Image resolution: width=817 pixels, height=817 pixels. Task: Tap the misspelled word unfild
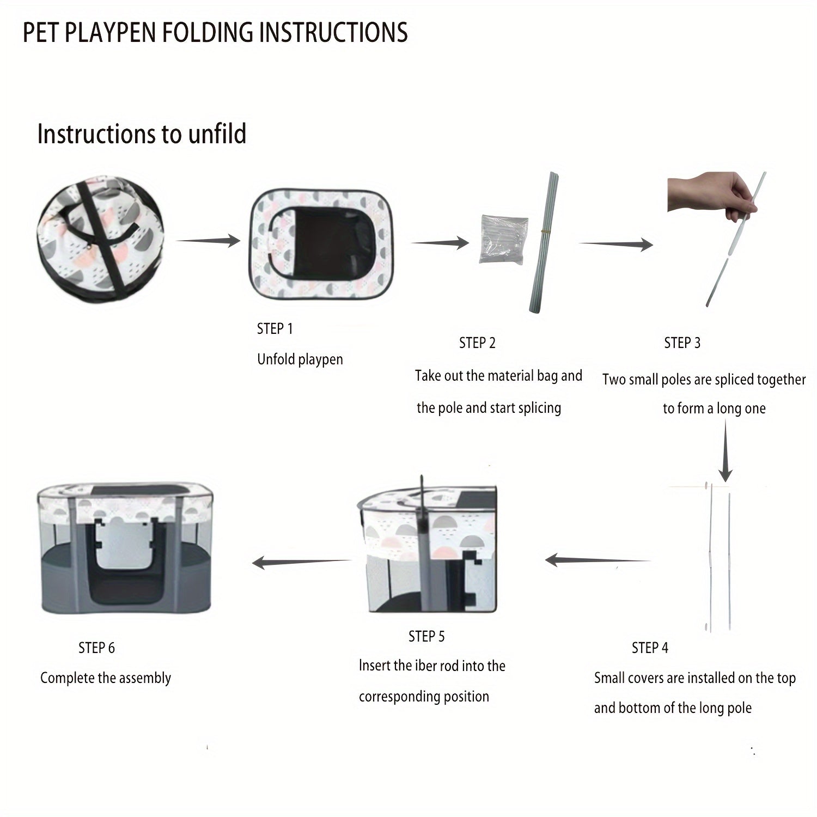tap(217, 134)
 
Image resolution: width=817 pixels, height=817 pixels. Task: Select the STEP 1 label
tap(275, 329)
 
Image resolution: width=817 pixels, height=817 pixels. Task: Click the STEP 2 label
tap(477, 343)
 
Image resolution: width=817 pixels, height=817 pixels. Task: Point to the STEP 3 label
tap(682, 343)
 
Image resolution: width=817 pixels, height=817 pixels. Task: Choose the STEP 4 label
tap(650, 648)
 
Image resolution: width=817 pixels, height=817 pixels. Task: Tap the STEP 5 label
tap(426, 636)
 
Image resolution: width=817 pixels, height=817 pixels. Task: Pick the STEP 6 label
tap(96, 648)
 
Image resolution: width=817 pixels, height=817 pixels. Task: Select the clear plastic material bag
tap(504, 239)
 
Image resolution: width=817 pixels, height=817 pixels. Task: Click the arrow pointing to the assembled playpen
tap(302, 562)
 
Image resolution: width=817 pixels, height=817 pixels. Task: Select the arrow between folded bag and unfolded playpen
tap(208, 240)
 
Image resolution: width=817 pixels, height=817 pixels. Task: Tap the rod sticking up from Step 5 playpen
tap(422, 493)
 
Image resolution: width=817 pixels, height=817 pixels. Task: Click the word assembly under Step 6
tap(145, 678)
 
